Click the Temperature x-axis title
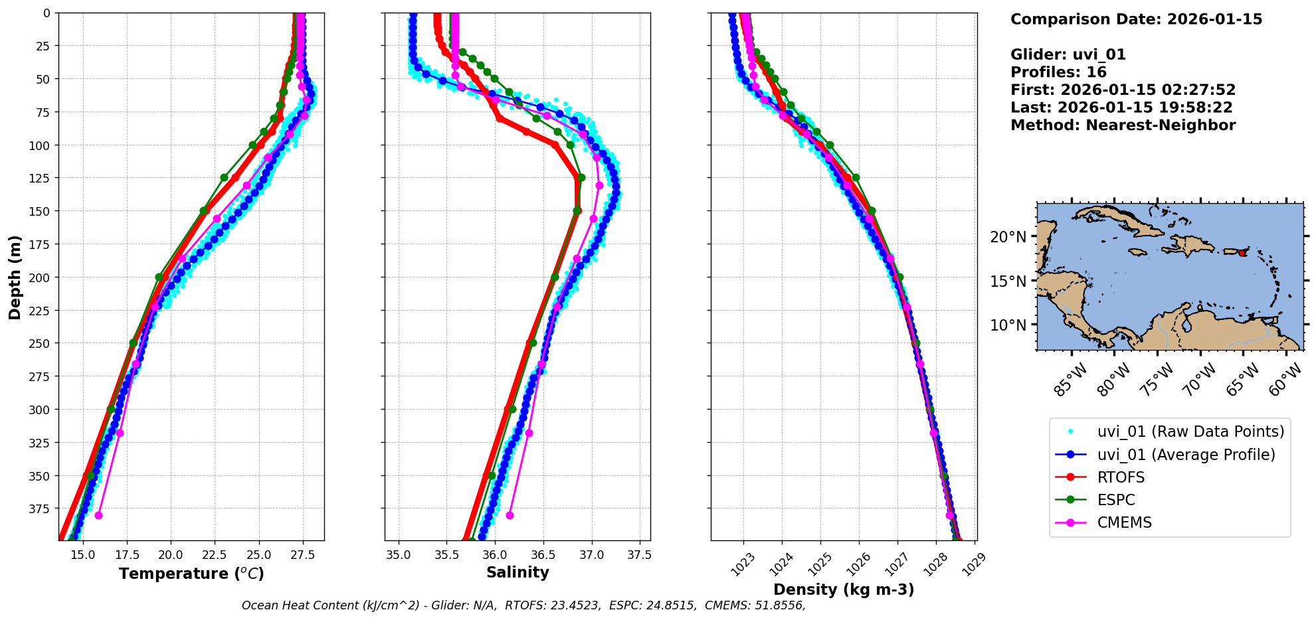coord(191,574)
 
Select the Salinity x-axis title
coord(517,572)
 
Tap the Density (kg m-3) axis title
coord(844,589)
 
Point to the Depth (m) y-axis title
coord(15,277)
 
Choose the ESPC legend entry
coord(1116,500)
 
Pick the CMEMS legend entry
coord(1124,522)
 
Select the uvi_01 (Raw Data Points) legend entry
coord(1190,431)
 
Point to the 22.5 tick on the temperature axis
coord(215,555)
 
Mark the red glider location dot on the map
coord(1242,253)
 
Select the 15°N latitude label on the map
coord(1008,281)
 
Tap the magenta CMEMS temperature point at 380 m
coord(98,515)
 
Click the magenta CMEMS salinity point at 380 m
coord(510,515)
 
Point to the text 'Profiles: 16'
coord(1058,72)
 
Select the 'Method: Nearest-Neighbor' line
coord(1123,125)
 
